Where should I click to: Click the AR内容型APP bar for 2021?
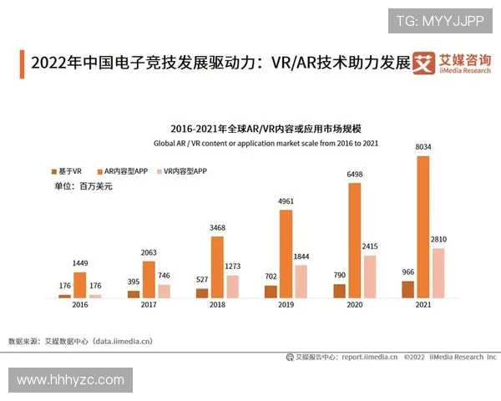pos(423,226)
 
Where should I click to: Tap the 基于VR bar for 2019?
pos(271,292)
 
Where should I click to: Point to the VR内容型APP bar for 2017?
pos(164,291)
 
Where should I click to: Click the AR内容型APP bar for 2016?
pos(80,285)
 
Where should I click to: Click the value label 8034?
pos(423,148)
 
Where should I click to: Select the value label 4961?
pos(286,201)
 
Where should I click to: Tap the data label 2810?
pos(438,239)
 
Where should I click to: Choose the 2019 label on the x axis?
pos(286,307)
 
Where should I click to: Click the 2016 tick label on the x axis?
pos(80,307)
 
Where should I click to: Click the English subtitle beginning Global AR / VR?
pos(264,144)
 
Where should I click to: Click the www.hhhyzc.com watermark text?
pos(70,380)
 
